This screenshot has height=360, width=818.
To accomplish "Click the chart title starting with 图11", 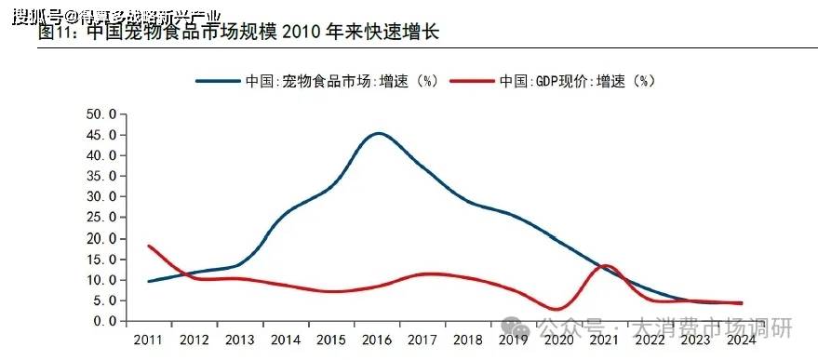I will (238, 33).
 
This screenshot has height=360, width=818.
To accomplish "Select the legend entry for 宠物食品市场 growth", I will (316, 81).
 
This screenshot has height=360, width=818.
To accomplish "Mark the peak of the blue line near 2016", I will (377, 133).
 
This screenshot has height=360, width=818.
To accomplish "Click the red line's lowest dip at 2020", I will (557, 309).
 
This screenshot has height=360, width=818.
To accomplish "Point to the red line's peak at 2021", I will (605, 266).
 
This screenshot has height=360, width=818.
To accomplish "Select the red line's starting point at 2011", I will (149, 246).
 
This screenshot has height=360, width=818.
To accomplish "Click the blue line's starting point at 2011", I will (149, 281).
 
